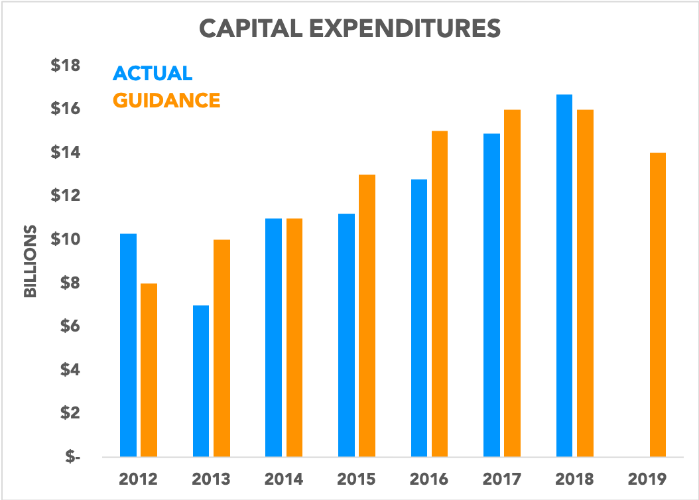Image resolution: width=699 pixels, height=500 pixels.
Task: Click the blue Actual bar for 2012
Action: point(128,345)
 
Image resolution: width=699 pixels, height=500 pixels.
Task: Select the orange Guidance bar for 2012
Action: point(149,370)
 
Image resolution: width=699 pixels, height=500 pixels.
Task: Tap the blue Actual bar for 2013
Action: point(201,381)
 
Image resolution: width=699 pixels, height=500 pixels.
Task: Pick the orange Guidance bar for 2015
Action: point(367,316)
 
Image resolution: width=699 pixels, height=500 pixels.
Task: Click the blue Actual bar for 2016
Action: point(418,318)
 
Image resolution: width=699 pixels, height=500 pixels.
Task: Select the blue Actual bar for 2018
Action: point(564,276)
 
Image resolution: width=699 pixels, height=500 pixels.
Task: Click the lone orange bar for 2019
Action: point(657,305)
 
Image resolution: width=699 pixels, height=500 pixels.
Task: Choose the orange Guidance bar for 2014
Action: point(294,338)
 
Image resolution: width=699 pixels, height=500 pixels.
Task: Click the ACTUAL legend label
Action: point(153,73)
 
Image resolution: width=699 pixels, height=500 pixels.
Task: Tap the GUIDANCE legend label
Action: point(166,100)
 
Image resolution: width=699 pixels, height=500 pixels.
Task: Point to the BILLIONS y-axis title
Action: point(31,263)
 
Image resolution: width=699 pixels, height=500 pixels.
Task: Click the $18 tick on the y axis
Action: point(65,66)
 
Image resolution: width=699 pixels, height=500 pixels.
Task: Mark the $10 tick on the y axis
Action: point(65,239)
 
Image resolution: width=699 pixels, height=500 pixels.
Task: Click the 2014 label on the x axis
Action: point(284,479)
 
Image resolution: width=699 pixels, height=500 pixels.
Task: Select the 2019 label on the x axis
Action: point(647,479)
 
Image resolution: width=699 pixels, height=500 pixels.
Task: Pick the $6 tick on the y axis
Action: point(68,326)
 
